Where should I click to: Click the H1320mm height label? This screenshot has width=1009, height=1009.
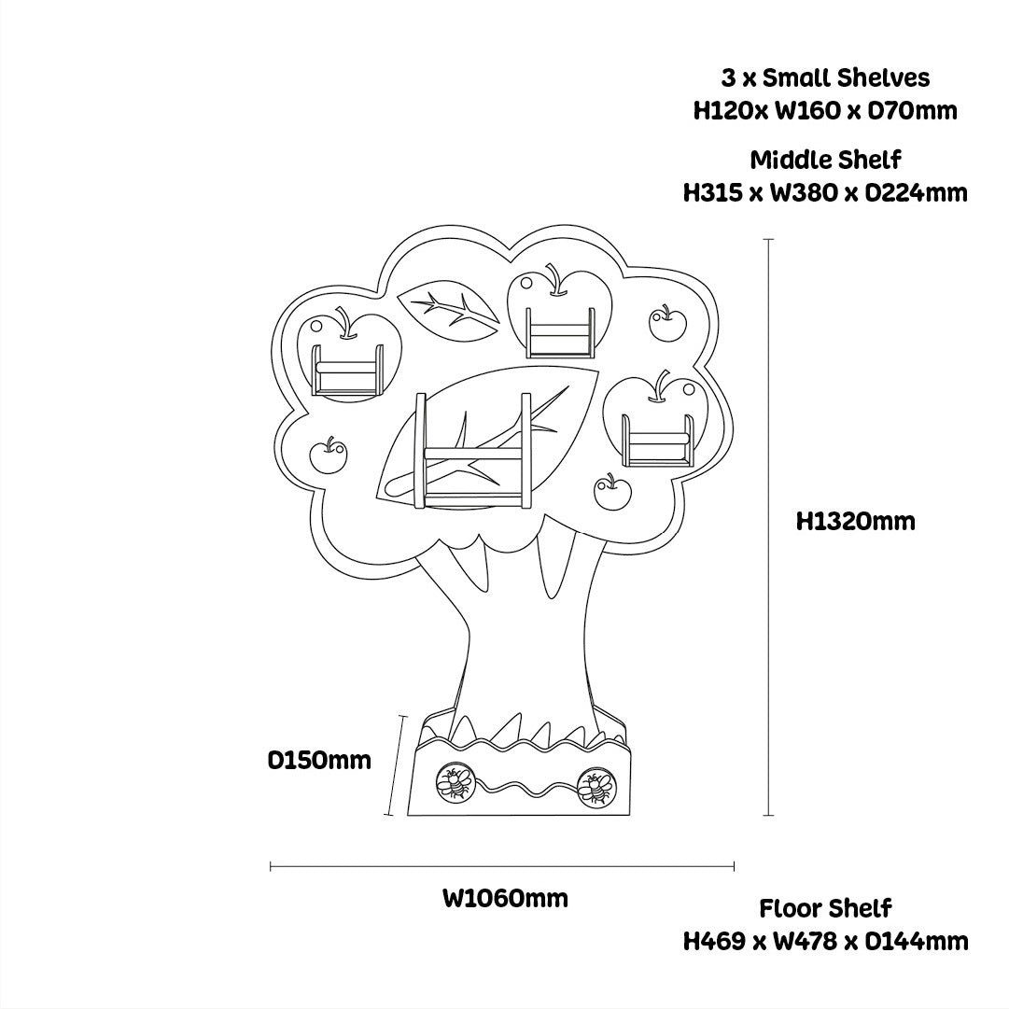pos(855,521)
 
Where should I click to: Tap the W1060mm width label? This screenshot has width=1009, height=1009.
pos(505,899)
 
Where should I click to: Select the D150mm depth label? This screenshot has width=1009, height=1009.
pos(319,760)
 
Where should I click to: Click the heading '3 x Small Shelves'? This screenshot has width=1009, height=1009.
pos(825,77)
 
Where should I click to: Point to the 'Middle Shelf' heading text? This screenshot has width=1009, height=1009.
pos(825,159)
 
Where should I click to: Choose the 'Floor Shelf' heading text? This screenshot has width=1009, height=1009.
pos(825,908)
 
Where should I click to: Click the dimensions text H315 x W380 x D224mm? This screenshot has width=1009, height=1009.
pos(825,193)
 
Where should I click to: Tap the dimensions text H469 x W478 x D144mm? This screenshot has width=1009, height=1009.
pos(825,941)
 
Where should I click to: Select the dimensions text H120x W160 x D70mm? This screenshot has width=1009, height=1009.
pos(825,111)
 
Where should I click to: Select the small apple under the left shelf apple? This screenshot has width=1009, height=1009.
pos(327,455)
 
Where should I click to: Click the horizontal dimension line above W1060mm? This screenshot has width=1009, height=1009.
pos(502,867)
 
